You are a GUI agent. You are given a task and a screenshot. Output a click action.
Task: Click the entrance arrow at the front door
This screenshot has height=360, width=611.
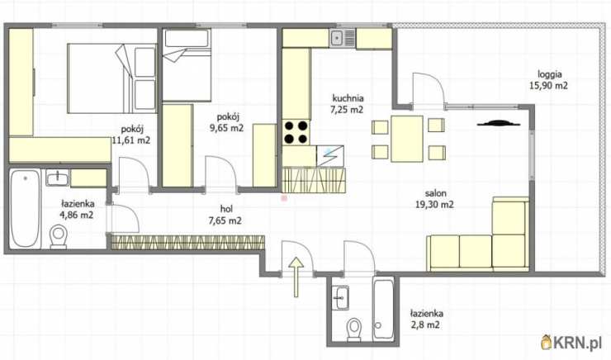(x=296, y=277)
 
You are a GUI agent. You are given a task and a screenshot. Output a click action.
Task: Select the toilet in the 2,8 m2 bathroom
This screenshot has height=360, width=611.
(x=354, y=329)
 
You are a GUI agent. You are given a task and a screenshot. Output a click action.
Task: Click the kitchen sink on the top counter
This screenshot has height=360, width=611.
(x=343, y=39)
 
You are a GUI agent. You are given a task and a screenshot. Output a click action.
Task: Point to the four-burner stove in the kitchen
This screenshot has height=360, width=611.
(x=296, y=132)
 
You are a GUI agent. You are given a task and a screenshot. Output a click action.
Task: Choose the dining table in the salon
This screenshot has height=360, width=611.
(x=407, y=139)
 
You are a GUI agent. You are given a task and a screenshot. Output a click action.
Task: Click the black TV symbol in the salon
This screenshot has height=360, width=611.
(x=500, y=124)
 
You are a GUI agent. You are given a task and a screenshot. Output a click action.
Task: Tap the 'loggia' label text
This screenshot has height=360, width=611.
(x=549, y=74)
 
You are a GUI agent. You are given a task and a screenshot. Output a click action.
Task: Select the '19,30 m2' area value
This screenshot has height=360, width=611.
(x=434, y=205)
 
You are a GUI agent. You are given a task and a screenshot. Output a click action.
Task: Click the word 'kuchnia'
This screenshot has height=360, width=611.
(x=348, y=98)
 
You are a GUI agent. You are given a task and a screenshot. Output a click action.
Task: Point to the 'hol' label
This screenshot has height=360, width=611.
(x=226, y=209)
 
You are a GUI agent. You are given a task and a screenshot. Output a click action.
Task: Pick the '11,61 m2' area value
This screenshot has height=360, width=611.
(x=131, y=140)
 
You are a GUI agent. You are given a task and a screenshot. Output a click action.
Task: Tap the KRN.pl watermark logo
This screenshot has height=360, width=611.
(x=571, y=343)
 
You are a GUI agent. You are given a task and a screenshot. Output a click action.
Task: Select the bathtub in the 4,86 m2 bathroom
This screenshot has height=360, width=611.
(x=25, y=208)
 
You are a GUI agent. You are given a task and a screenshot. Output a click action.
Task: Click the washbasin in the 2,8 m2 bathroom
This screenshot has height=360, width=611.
(x=340, y=298)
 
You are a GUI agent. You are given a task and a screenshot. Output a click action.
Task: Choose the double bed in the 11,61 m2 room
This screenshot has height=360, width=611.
(x=111, y=78)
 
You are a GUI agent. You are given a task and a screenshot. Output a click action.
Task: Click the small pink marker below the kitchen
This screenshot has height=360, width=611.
(x=284, y=198)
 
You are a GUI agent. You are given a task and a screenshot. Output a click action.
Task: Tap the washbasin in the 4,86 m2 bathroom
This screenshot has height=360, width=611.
(x=58, y=178)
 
